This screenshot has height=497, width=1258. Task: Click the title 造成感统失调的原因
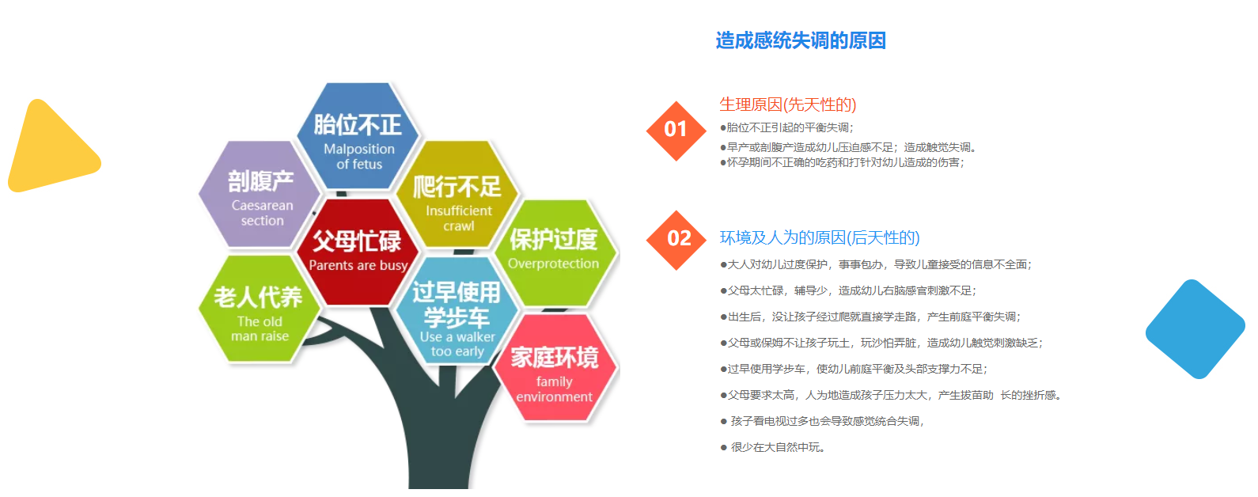pyautogui.click(x=801, y=40)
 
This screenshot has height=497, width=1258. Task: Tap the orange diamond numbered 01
pyautogui.click(x=676, y=131)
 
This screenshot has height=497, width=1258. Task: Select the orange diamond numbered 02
pyautogui.click(x=676, y=240)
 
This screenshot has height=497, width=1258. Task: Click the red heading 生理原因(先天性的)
pyautogui.click(x=787, y=104)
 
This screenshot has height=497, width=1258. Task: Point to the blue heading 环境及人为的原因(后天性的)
pyautogui.click(x=820, y=237)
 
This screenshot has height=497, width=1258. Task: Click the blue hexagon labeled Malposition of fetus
pyautogui.click(x=358, y=136)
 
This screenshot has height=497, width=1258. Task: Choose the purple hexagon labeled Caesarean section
pyautogui.click(x=260, y=194)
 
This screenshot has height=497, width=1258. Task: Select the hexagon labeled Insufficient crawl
pyautogui.click(x=457, y=194)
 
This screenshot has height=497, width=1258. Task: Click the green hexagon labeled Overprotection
pyautogui.click(x=555, y=252)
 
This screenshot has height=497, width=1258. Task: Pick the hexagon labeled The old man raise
pyautogui.click(x=260, y=309)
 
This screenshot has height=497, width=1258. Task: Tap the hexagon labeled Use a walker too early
pyautogui.click(x=457, y=310)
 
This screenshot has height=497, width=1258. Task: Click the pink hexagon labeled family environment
pyautogui.click(x=555, y=367)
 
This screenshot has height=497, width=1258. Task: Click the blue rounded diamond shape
pyautogui.click(x=1195, y=329)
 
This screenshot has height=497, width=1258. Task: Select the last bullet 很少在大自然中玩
pyautogui.click(x=772, y=448)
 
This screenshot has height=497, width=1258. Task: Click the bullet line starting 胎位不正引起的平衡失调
pyautogui.click(x=786, y=127)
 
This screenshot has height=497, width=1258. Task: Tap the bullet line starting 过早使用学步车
pyautogui.click(x=854, y=369)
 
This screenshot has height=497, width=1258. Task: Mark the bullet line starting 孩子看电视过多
pyautogui.click(x=822, y=421)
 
